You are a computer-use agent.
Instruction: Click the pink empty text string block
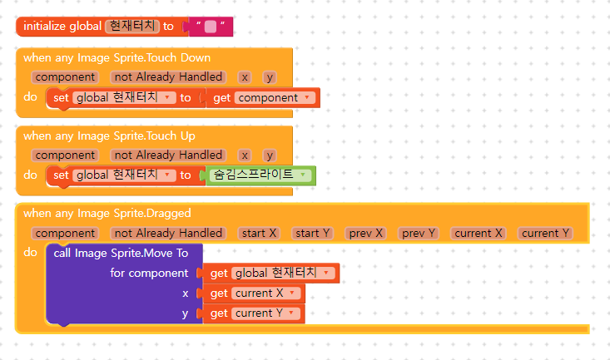coord(210,27)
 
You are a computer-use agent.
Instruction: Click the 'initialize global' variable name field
coord(132,27)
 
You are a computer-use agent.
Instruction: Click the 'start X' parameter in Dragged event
coord(259,233)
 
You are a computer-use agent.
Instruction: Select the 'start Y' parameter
coord(312,233)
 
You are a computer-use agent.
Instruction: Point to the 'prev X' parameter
coord(366,233)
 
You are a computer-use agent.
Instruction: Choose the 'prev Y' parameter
coord(419,233)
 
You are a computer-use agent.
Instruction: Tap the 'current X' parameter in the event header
coord(479,233)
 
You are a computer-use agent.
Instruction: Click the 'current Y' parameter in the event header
coord(545,233)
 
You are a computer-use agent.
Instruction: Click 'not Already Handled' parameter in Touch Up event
coord(167,155)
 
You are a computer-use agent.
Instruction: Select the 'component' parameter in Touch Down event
coord(65,77)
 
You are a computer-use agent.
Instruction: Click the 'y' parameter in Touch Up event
coord(270,155)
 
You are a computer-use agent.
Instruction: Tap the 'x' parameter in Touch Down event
coord(245,77)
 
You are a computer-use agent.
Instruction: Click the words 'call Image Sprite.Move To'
coord(121,253)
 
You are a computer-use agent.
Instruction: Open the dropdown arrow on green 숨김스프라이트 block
coord(305,175)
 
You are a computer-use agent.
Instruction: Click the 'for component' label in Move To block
coord(149,274)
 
